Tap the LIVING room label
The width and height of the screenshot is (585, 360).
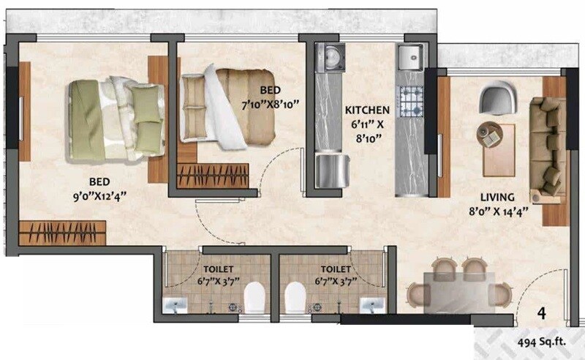pos(497,197)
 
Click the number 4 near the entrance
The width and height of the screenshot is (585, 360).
pos(542,313)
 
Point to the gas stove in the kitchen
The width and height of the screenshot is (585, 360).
pos(409,98)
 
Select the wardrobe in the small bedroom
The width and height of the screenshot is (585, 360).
pos(213,176)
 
